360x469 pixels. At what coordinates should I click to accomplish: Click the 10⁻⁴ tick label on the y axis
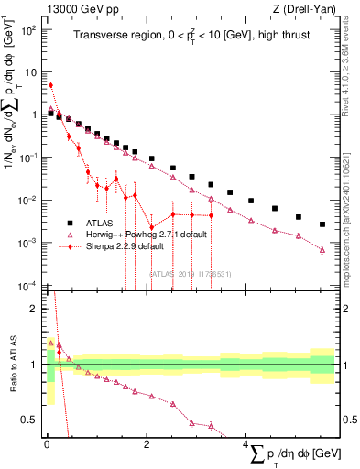tap(28, 285)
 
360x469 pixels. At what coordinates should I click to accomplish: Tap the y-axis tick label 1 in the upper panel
tap(35, 115)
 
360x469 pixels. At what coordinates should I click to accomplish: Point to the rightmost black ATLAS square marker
tap(322, 224)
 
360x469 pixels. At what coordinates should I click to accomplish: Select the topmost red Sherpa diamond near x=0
tap(50, 85)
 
